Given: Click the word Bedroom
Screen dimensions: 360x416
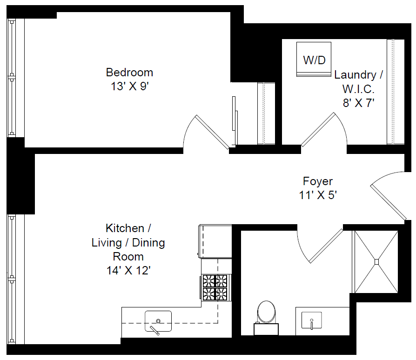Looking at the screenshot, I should click(129, 73).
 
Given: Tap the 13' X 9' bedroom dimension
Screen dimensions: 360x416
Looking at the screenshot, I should click(129, 87).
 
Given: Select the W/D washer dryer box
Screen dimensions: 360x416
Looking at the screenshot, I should click(314, 60).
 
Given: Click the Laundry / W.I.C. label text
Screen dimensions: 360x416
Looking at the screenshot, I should click(358, 81).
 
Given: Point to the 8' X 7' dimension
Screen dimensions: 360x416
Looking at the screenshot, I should click(358, 103).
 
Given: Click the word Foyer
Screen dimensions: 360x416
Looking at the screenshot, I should click(318, 181).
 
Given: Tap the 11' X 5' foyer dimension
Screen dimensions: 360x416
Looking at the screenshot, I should click(318, 195).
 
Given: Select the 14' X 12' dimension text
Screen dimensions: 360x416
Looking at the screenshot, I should click(128, 270).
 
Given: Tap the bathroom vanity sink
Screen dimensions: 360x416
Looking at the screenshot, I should click(311, 320).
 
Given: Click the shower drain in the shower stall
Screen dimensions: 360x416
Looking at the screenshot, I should click(376, 262).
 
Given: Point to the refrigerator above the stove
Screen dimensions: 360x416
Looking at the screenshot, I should click(215, 241).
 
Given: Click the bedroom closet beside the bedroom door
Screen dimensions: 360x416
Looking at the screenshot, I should click(267, 113).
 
